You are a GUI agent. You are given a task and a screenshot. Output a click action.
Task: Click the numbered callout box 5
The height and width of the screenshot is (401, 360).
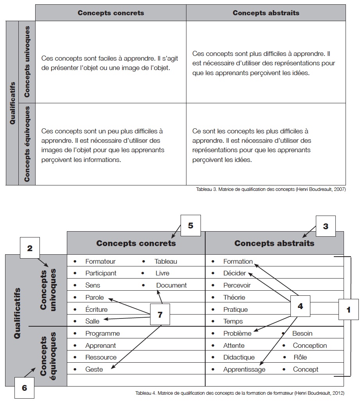[190, 225]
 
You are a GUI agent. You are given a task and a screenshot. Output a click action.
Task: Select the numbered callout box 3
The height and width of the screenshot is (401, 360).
[325, 225]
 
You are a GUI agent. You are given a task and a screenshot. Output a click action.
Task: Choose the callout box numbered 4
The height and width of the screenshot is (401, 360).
[300, 306]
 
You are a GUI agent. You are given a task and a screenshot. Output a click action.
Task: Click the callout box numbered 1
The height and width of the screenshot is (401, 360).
[348, 309]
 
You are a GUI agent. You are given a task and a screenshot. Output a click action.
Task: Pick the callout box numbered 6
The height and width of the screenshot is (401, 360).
[24, 388]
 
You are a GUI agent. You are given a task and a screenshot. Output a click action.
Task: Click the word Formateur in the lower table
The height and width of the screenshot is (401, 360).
[100, 261]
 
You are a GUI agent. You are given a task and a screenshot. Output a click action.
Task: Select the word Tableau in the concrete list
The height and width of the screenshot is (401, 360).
[166, 261]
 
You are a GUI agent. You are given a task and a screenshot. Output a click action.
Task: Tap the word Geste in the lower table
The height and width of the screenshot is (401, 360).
[94, 369]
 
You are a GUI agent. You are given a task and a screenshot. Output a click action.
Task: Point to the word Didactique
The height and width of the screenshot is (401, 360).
[239, 357]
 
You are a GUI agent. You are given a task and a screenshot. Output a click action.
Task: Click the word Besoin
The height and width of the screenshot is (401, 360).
[302, 334]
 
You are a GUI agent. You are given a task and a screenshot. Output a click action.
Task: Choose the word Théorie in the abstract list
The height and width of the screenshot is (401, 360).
[234, 297]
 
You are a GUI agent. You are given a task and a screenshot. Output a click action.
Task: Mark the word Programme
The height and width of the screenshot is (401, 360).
[102, 334]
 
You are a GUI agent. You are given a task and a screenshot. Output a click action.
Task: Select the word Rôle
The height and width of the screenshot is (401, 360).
[300, 357]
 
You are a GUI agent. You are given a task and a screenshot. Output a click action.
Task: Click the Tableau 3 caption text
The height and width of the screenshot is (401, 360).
[271, 189]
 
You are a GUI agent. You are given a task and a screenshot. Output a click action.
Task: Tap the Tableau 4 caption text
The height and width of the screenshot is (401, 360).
[240, 393]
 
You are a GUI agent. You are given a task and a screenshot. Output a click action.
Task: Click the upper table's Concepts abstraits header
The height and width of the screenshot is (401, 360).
[266, 13]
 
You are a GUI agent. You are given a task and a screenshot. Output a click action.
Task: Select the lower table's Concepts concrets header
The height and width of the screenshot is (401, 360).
[136, 243]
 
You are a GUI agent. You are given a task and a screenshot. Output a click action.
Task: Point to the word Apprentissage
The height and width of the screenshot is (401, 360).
[244, 369]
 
